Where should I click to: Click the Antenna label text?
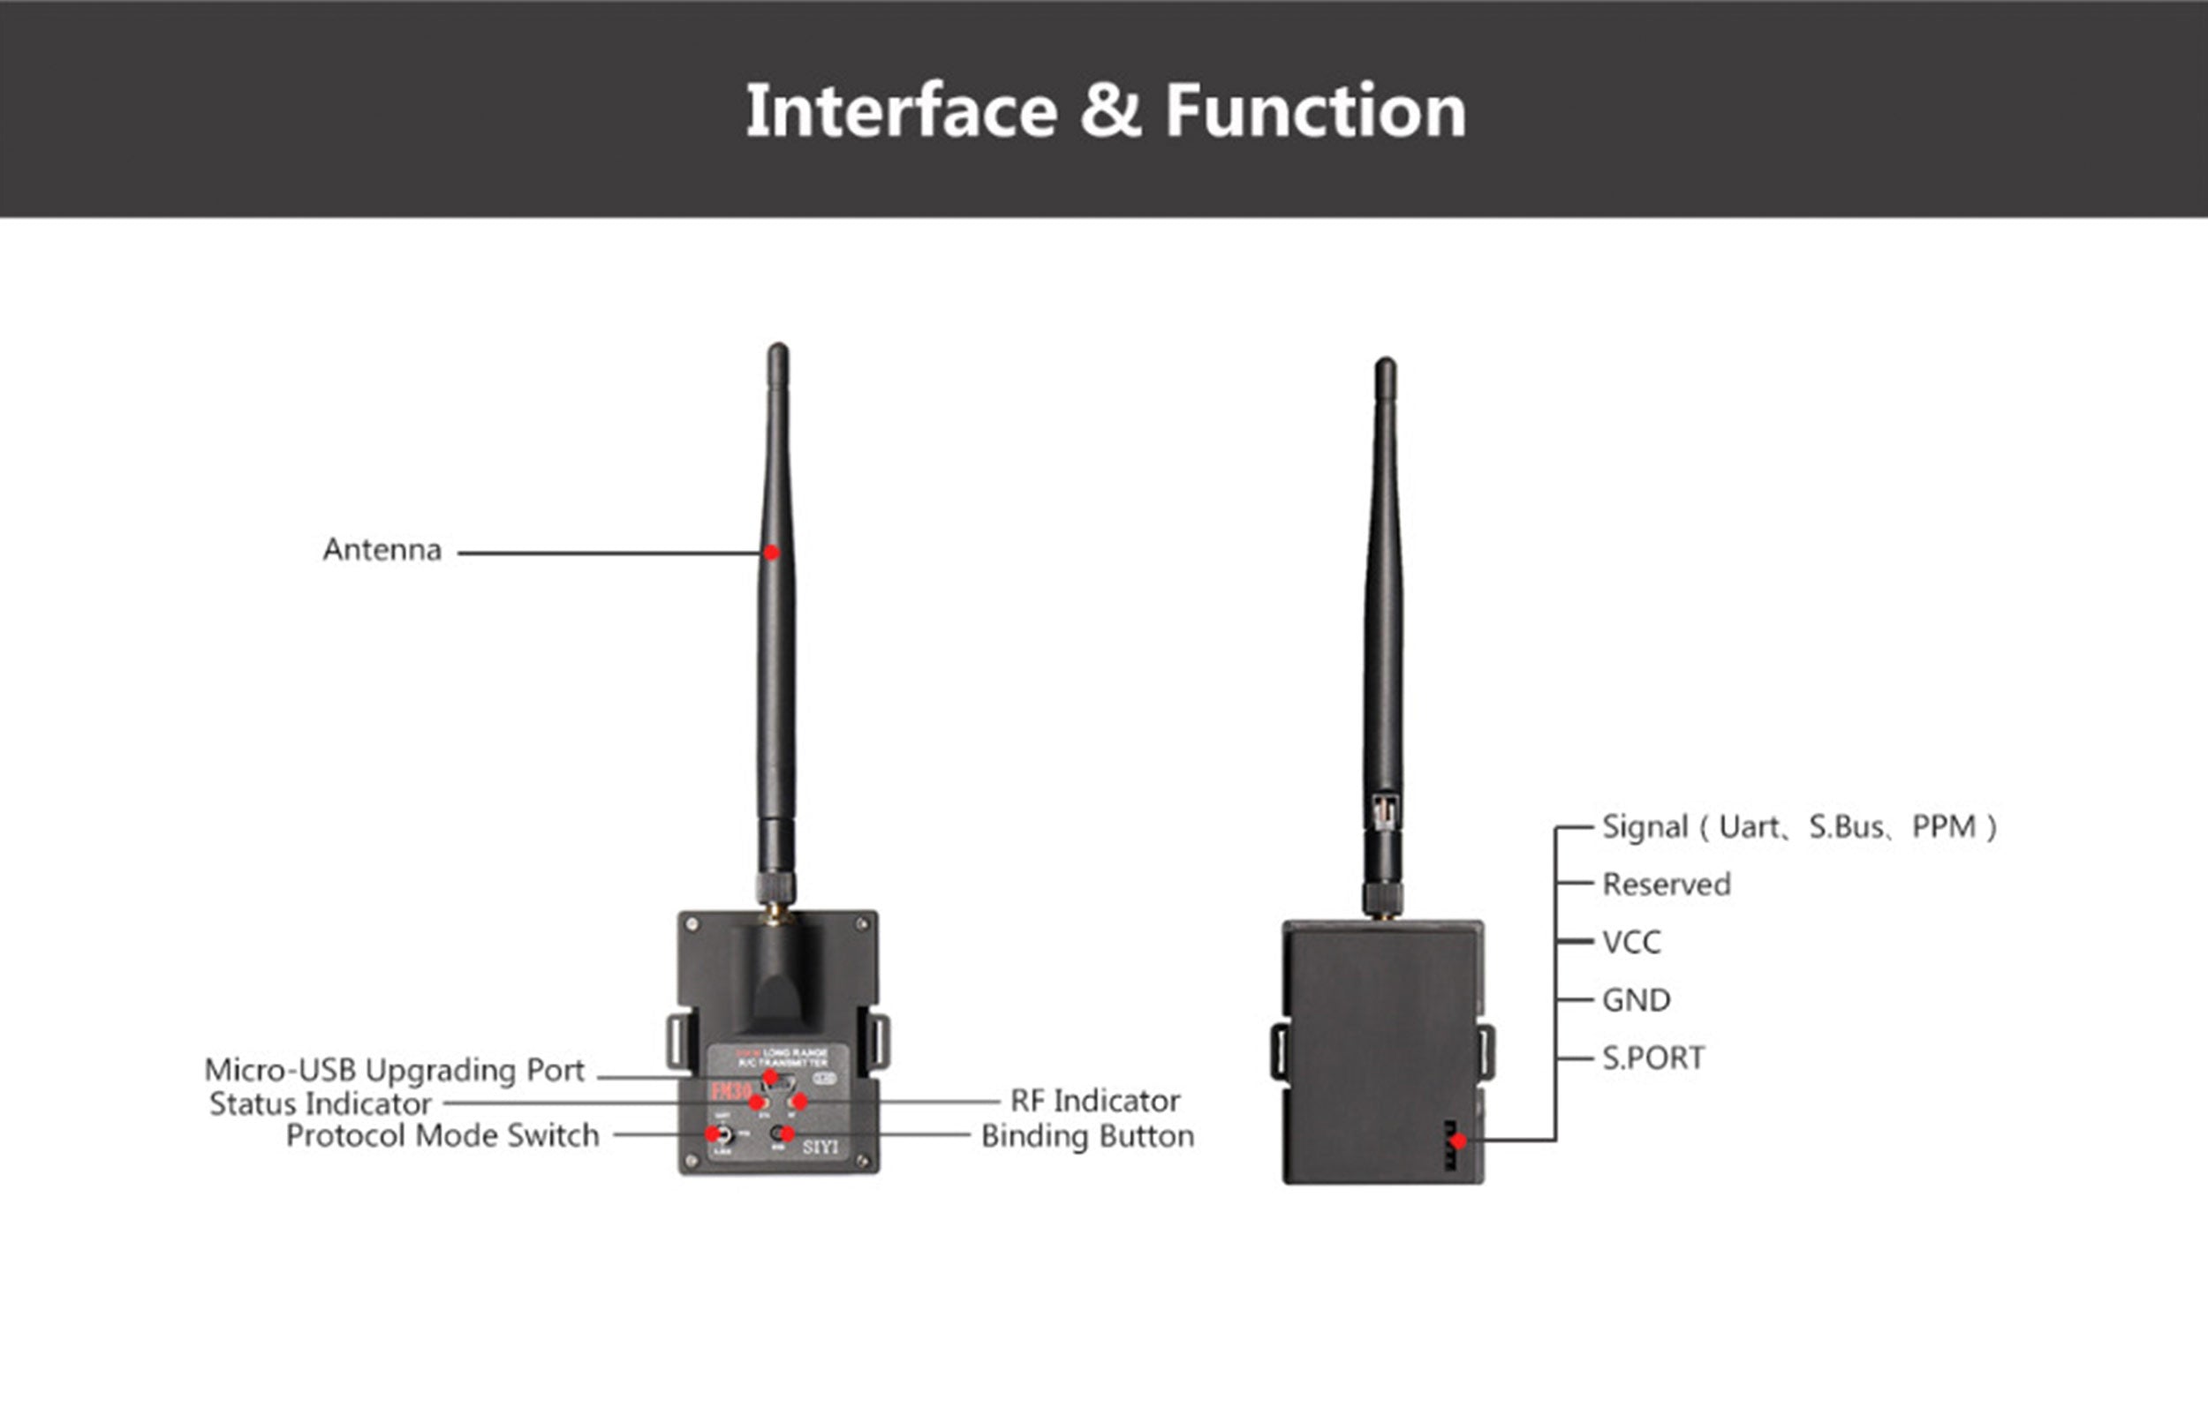pyautogui.click(x=382, y=550)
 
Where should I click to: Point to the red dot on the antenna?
pyautogui.click(x=771, y=553)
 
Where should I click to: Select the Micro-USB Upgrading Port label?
pyautogui.click(x=394, y=1070)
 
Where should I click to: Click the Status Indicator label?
pyautogui.click(x=320, y=1103)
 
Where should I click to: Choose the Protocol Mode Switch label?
pyautogui.click(x=442, y=1136)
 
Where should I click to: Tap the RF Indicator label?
pyautogui.click(x=1095, y=1101)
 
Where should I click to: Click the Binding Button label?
pyautogui.click(x=1087, y=1137)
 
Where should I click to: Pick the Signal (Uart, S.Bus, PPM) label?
pyautogui.click(x=1798, y=827)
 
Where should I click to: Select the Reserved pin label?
pyautogui.click(x=1666, y=885)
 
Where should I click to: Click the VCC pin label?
pyautogui.click(x=1631, y=942)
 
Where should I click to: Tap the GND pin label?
pyautogui.click(x=1636, y=1000)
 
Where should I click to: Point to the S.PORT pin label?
pyautogui.click(x=1653, y=1058)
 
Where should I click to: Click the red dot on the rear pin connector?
pyautogui.click(x=1459, y=1141)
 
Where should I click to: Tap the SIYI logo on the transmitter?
pyautogui.click(x=820, y=1147)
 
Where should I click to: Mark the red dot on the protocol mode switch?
pyautogui.click(x=713, y=1134)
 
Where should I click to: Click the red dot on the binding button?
pyautogui.click(x=787, y=1134)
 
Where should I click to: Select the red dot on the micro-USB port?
pyautogui.click(x=770, y=1077)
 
